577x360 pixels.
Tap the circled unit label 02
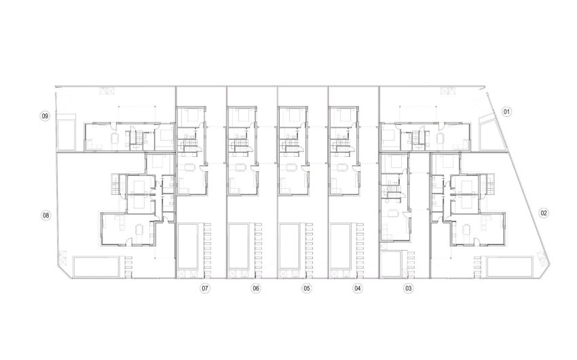tap(544, 213)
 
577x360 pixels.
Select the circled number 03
tap(408, 288)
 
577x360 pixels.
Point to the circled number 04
tap(357, 288)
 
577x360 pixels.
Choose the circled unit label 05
tap(306, 288)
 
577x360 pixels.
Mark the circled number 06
tap(255, 288)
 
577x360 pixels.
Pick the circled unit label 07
tap(204, 288)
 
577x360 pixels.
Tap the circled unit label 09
tap(45, 117)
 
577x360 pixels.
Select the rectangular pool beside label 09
tap(67, 134)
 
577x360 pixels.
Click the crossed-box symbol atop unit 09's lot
tap(105, 92)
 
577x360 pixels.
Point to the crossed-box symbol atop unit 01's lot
tap(446, 92)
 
